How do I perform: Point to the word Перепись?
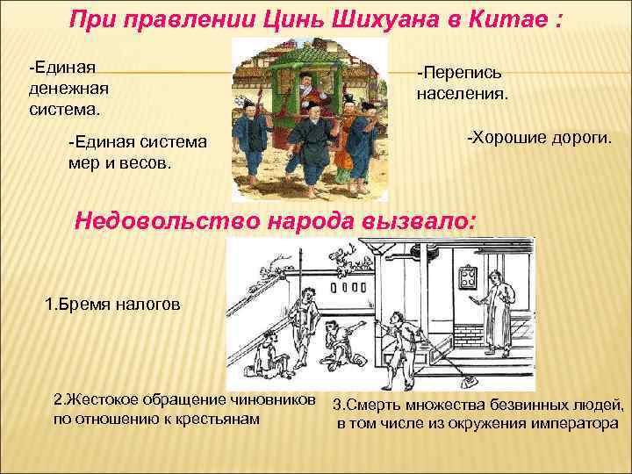(x=460, y=72)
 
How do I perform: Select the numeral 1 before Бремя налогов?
(x=49, y=305)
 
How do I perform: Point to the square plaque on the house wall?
(x=468, y=283)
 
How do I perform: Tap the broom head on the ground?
(x=469, y=381)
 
